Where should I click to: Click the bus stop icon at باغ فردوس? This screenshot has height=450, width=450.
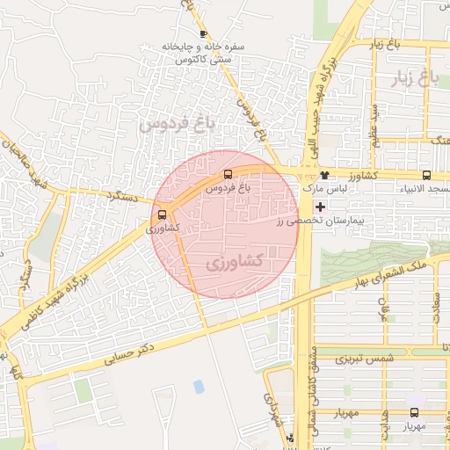pyautogui.click(x=229, y=174)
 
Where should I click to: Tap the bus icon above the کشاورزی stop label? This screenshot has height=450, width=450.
pyautogui.click(x=162, y=214)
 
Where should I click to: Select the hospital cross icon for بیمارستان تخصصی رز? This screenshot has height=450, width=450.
pyautogui.click(x=319, y=207)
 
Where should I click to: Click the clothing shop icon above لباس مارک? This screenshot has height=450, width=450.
pyautogui.click(x=324, y=175)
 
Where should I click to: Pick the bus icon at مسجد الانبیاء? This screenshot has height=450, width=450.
pyautogui.click(x=426, y=175)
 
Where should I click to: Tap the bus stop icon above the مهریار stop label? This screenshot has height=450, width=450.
pyautogui.click(x=414, y=412)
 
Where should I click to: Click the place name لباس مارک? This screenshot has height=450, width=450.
pyautogui.click(x=327, y=189)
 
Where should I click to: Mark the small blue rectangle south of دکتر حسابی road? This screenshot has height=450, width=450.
pyautogui.click(x=199, y=386)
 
